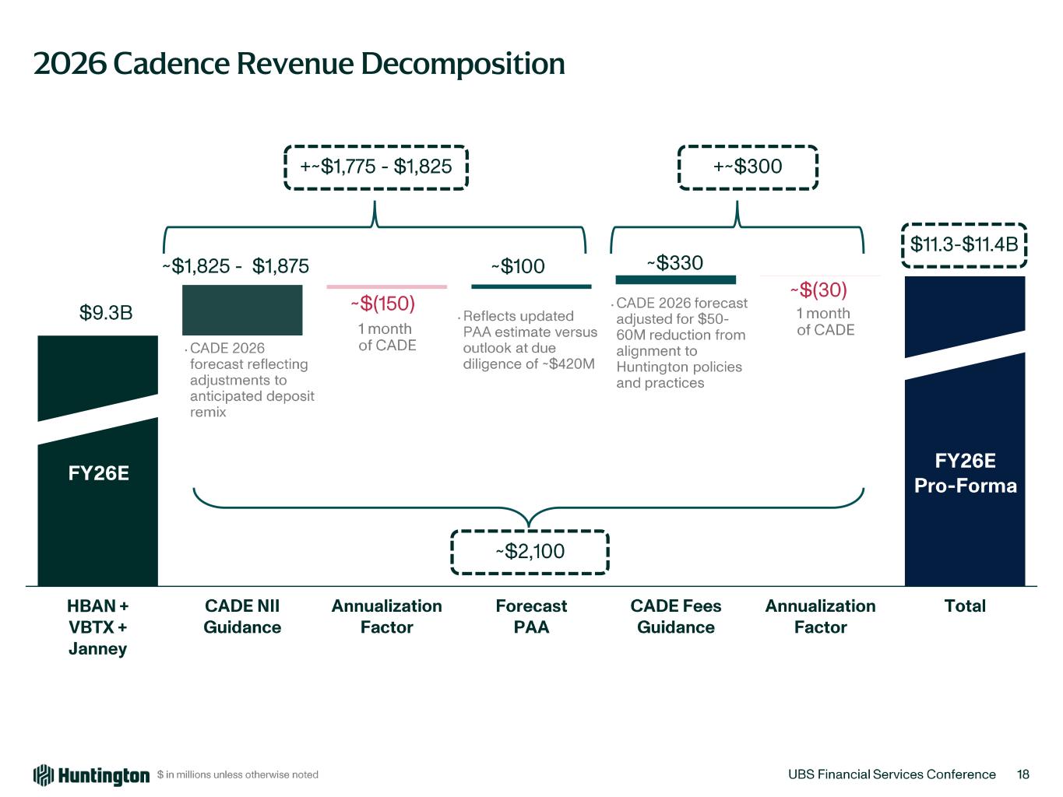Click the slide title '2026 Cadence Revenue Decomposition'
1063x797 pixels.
coord(299,63)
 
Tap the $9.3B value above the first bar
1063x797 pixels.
coord(106,313)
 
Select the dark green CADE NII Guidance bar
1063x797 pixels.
coord(242,310)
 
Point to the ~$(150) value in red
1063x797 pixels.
coord(382,303)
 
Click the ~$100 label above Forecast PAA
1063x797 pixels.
coord(518,266)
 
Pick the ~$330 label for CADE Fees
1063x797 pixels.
coord(675,263)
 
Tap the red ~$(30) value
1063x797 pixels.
coord(818,290)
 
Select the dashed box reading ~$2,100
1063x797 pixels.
coord(530,552)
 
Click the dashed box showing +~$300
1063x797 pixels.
coord(748,167)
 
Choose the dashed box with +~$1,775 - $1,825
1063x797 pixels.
coord(375,167)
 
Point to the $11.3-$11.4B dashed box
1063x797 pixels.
coord(964,244)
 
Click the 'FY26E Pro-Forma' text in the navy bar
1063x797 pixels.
coord(965,473)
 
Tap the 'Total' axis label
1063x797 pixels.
coord(965,606)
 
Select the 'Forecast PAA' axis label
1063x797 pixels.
coord(531,616)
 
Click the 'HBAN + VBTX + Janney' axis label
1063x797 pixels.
coord(98,627)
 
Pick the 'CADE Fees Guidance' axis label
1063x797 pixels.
coord(676,616)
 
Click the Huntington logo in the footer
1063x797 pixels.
coord(91,775)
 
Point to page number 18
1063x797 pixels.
coord(1023,774)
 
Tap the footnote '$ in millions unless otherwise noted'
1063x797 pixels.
coord(238,775)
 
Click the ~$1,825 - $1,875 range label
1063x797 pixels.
coord(235,266)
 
